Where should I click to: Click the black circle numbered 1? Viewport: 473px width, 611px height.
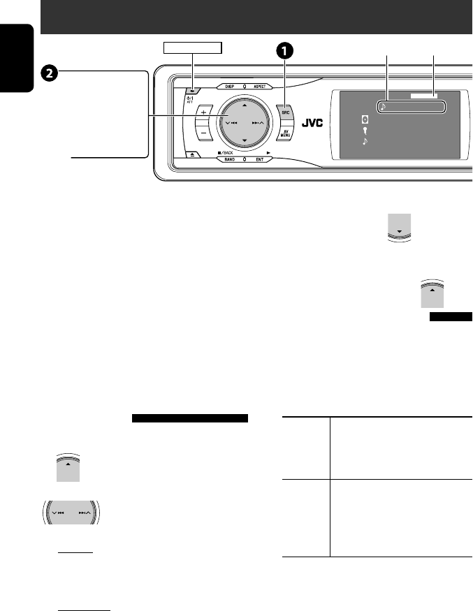pos(285,51)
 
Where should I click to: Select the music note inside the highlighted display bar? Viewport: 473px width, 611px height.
pos(384,108)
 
